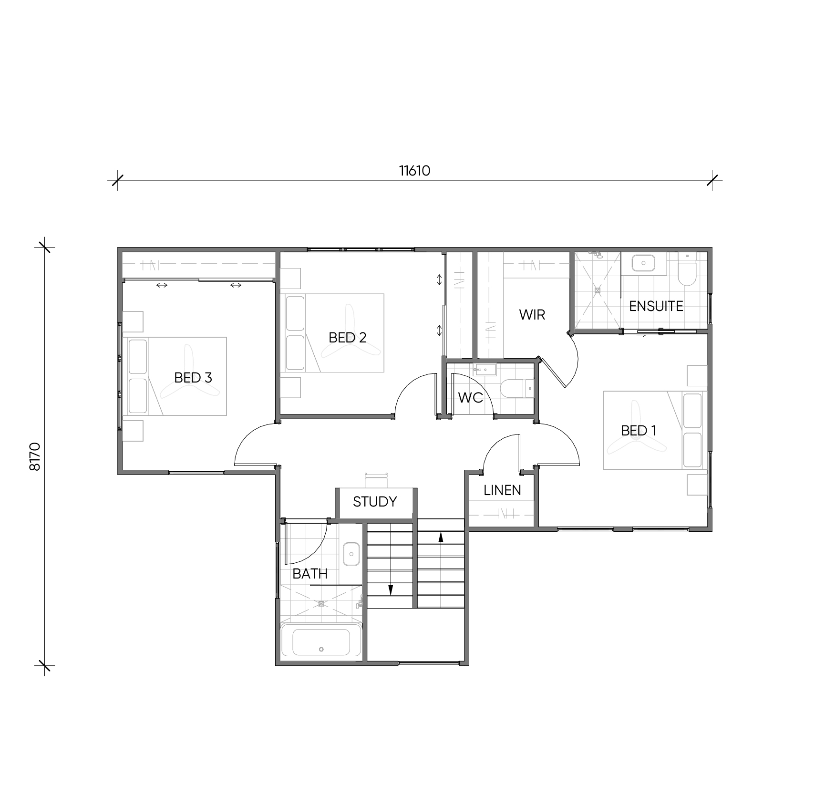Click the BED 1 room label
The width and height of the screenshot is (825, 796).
pyautogui.click(x=639, y=431)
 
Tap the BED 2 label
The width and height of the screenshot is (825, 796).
pyautogui.click(x=348, y=338)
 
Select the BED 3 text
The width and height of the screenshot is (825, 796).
pyautogui.click(x=193, y=378)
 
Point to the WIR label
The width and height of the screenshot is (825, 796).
pyautogui.click(x=532, y=315)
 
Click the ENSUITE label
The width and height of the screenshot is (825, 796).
pyautogui.click(x=656, y=306)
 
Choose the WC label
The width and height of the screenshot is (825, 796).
pyautogui.click(x=471, y=397)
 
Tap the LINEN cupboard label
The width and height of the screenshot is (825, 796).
pyautogui.click(x=502, y=490)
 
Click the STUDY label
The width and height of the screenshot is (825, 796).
pyautogui.click(x=375, y=502)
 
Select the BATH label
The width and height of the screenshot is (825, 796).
pyautogui.click(x=310, y=574)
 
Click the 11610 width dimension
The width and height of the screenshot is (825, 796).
pyautogui.click(x=414, y=171)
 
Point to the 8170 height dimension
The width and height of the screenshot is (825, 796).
pyautogui.click(x=35, y=457)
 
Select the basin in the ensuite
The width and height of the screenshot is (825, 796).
pyautogui.click(x=643, y=263)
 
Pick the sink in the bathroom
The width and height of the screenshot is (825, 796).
pyautogui.click(x=351, y=554)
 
